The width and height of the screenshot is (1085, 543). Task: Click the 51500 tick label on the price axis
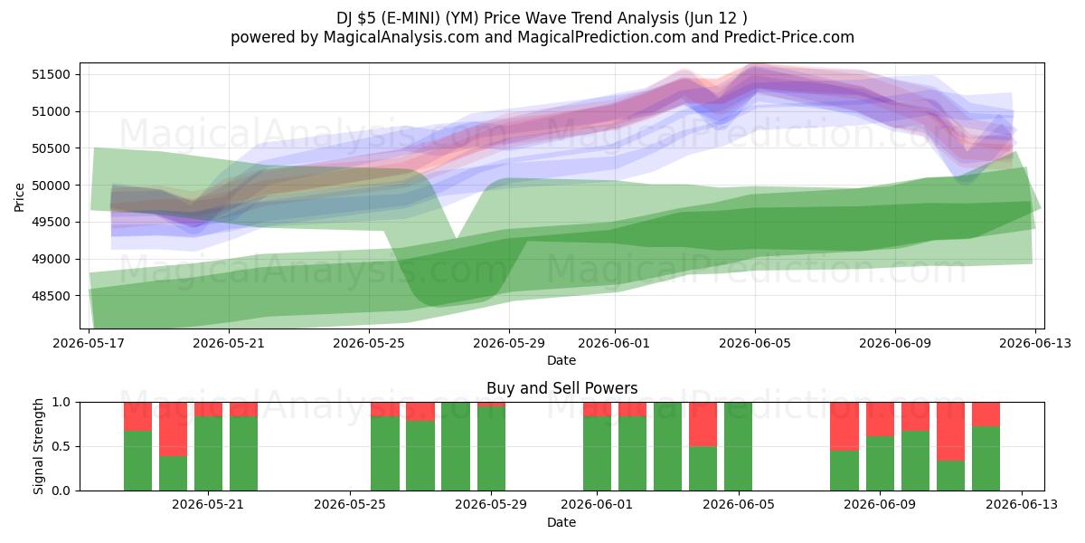(x=51, y=74)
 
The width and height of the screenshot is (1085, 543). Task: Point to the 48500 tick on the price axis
(x=51, y=296)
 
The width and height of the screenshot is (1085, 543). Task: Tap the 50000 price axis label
(x=51, y=186)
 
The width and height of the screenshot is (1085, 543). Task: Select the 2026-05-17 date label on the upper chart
(x=89, y=343)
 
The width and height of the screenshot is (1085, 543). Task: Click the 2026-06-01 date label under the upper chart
(x=614, y=343)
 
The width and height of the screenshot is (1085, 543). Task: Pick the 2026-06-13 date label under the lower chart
(x=1022, y=505)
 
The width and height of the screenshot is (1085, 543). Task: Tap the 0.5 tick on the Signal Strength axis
(x=61, y=446)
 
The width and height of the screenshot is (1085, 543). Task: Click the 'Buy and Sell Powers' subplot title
(x=561, y=388)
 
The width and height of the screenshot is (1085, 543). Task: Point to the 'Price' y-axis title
(x=19, y=197)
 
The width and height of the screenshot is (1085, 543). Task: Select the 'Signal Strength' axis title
(x=38, y=446)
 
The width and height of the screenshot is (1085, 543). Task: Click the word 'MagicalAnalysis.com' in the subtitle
(x=401, y=37)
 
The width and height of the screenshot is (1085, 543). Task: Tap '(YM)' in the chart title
(x=462, y=18)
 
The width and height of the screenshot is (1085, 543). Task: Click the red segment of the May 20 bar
(x=173, y=429)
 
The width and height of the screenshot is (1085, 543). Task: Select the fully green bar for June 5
(x=738, y=446)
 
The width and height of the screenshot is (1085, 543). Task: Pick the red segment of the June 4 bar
(x=703, y=424)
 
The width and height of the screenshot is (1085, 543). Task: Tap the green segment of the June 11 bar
(x=950, y=476)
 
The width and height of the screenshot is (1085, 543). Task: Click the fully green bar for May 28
(x=456, y=446)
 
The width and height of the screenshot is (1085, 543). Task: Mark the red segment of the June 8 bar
(x=844, y=426)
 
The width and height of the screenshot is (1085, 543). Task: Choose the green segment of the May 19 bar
(x=137, y=461)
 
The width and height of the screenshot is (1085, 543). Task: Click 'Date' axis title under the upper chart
(x=561, y=361)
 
